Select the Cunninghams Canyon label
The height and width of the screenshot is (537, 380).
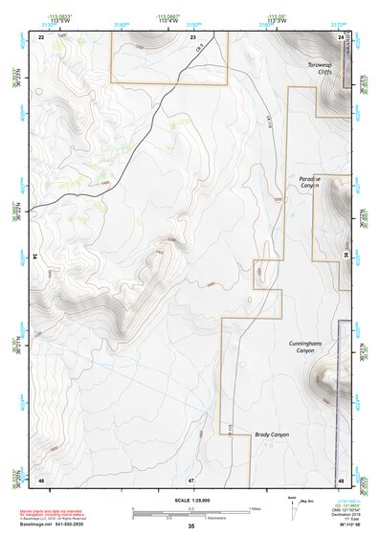point(301,347)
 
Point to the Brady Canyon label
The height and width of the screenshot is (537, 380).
point(272,435)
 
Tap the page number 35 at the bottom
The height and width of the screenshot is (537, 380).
point(191,526)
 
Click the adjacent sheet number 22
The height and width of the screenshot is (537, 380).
point(41,35)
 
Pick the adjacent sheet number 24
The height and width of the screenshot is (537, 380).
point(342,35)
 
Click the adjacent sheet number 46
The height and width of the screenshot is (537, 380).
point(41,479)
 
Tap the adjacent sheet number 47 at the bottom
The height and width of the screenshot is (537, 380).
point(191,479)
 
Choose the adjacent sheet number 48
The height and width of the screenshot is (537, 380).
point(341,479)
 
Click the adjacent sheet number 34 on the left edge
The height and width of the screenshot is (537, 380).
point(35,257)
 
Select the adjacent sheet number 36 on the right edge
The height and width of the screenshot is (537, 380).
point(346,257)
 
